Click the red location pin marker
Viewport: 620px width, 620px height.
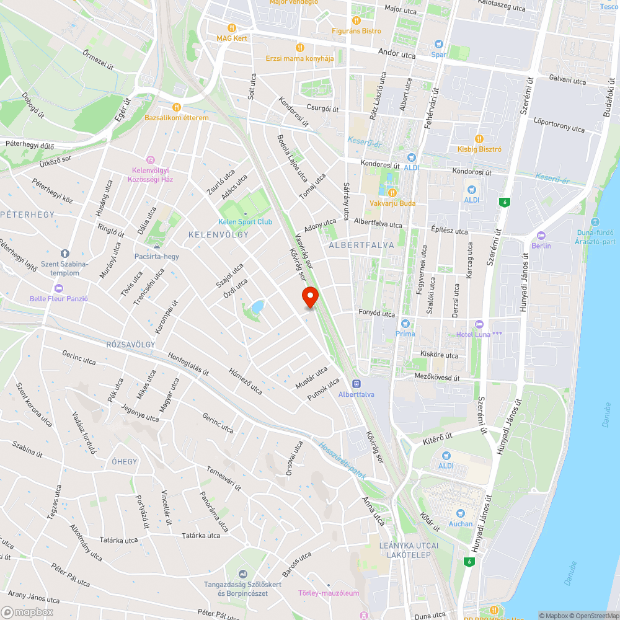click(x=309, y=297)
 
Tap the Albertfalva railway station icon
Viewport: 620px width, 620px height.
click(x=356, y=384)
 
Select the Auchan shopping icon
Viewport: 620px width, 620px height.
click(x=460, y=513)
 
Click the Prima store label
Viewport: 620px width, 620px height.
click(x=405, y=334)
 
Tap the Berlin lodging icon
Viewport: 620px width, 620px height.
click(x=541, y=235)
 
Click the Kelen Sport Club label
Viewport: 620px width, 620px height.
click(x=245, y=222)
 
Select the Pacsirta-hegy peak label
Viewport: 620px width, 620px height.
click(x=156, y=256)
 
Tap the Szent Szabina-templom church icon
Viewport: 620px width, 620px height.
click(x=64, y=254)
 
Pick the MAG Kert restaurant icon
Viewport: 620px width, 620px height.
click(x=232, y=28)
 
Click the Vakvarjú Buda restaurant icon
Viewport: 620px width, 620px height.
click(x=392, y=193)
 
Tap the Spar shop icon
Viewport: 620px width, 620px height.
click(x=439, y=44)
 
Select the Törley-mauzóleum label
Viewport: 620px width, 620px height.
click(x=329, y=593)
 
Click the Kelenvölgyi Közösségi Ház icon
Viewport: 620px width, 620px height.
click(x=149, y=160)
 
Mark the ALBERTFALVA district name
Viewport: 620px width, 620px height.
click(x=361, y=245)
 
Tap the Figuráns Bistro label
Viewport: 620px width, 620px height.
click(x=356, y=31)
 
